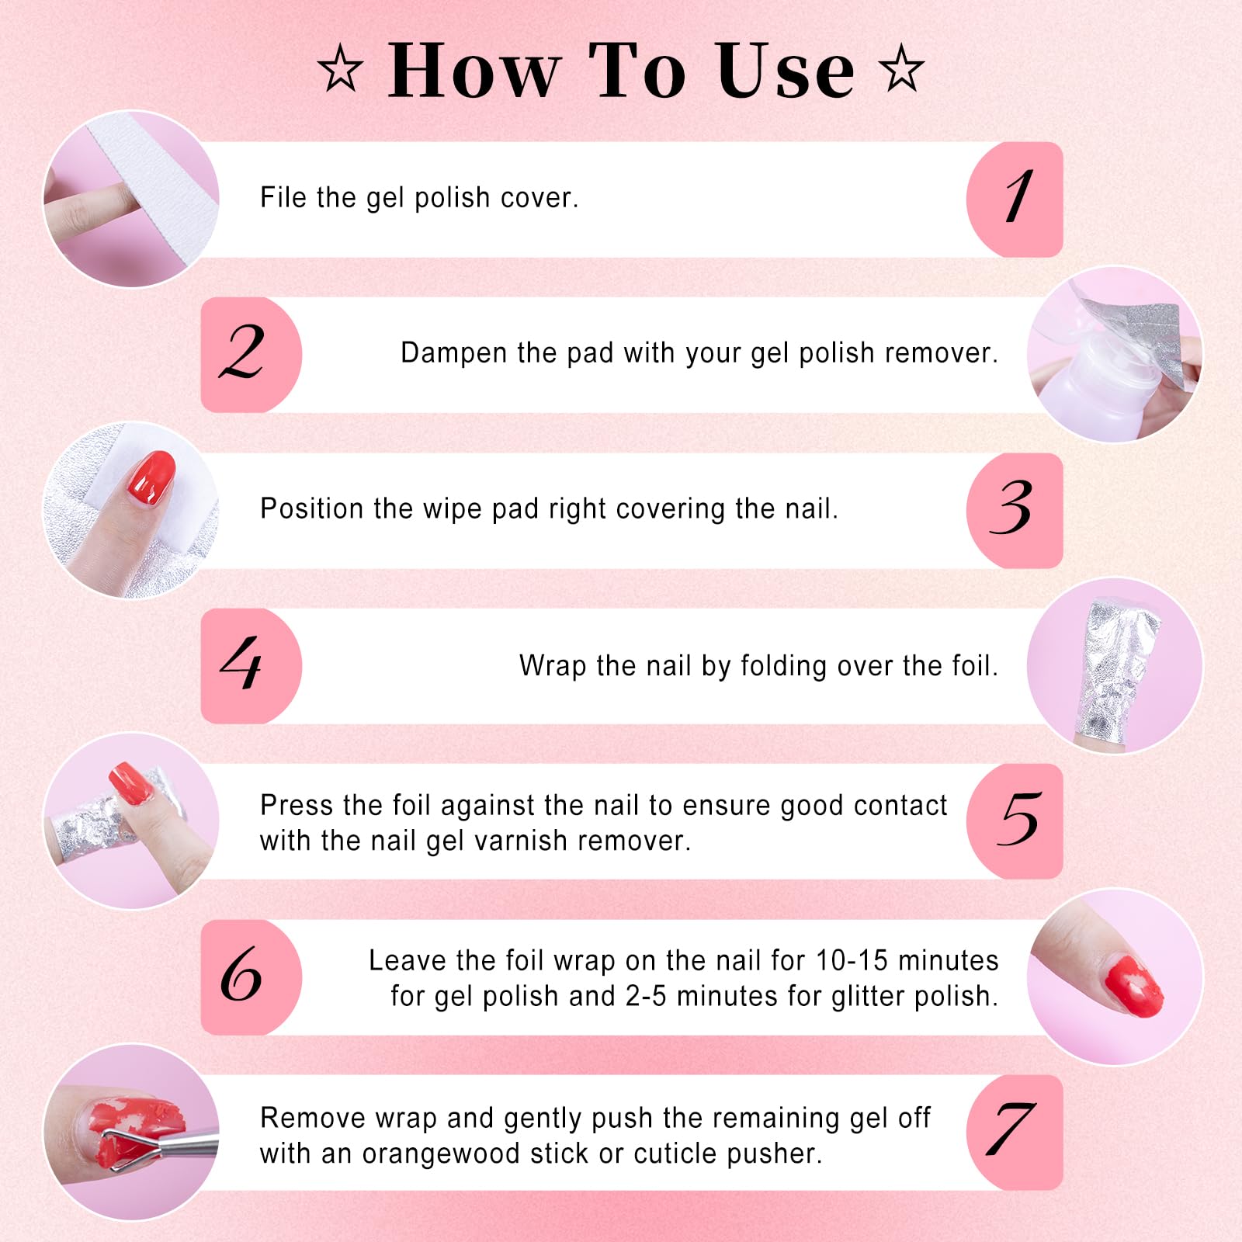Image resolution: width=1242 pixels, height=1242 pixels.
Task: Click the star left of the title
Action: [340, 70]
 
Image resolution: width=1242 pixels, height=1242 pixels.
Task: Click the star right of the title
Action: [901, 70]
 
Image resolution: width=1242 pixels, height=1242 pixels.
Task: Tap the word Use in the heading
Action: [783, 71]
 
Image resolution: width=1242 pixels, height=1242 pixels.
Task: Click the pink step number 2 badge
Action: [248, 354]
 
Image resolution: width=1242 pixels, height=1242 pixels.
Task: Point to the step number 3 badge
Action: [1014, 510]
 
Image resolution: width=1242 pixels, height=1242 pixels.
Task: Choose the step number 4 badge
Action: [248, 666]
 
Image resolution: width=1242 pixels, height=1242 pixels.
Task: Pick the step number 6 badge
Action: [248, 977]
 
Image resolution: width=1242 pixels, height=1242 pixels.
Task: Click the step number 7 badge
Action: [1014, 1132]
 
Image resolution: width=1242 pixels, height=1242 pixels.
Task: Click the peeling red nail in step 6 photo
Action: [1133, 986]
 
